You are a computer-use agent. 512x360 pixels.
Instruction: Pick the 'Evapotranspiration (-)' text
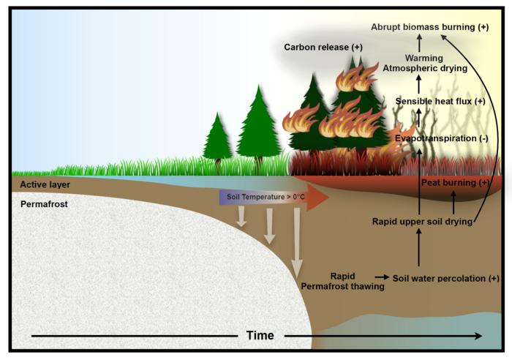pos(441,138)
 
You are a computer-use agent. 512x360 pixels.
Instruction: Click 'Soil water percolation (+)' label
pos(445,278)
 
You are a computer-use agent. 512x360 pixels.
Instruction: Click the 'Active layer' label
pos(45,184)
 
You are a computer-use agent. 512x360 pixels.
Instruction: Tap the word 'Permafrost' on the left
pos(44,205)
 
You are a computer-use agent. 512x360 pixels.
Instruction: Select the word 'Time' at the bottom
pos(260,335)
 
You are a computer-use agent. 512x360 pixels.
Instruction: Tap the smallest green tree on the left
pos(217,139)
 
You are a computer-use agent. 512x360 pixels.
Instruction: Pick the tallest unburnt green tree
pos(257,124)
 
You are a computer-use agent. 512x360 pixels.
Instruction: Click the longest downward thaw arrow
pos(297,241)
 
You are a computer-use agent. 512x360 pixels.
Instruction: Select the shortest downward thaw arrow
pos(242,219)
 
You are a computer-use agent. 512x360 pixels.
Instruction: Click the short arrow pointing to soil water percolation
pos(381,278)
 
